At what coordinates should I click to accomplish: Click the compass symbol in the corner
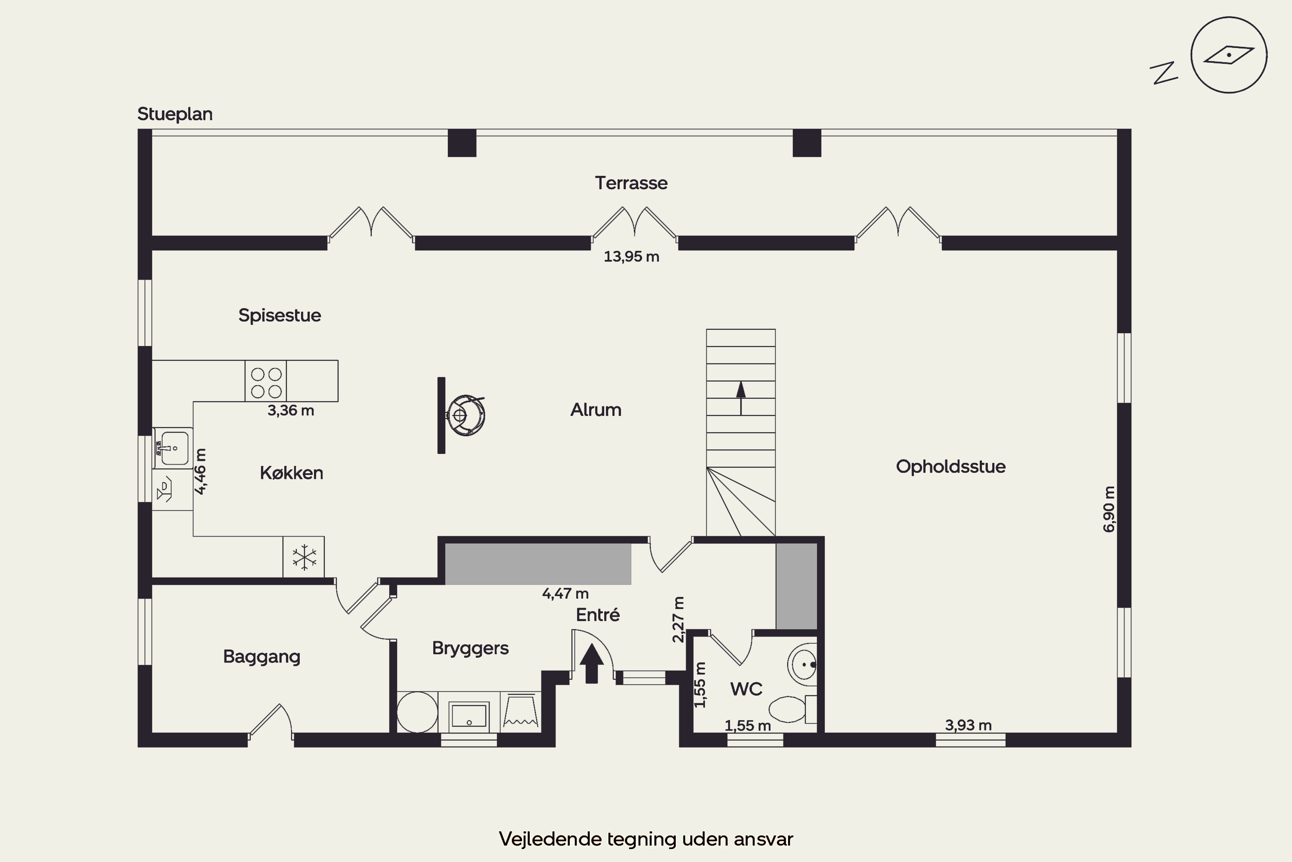tap(1229, 55)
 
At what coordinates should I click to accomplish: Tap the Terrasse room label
tap(631, 183)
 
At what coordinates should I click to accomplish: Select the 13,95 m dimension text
tap(631, 257)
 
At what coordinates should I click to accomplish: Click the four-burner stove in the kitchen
tap(266, 381)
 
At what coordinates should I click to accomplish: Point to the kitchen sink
tap(173, 448)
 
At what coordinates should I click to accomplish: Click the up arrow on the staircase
tap(741, 397)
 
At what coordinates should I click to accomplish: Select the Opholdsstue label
tap(951, 467)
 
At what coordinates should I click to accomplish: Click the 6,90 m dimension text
tap(1109, 509)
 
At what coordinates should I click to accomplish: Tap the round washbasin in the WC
tap(803, 664)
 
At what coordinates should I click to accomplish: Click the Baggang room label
tap(261, 657)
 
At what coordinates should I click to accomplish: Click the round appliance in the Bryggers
tap(417, 712)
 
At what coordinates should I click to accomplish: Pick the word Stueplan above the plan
tap(175, 114)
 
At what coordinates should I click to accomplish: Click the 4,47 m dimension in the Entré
tap(565, 594)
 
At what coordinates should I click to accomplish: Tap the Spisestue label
tap(280, 315)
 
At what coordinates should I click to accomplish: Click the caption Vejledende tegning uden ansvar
tap(646, 839)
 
